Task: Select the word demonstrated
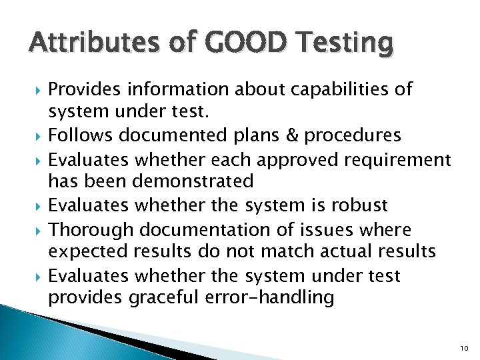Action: pos(191,181)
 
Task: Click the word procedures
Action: pos(353,135)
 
